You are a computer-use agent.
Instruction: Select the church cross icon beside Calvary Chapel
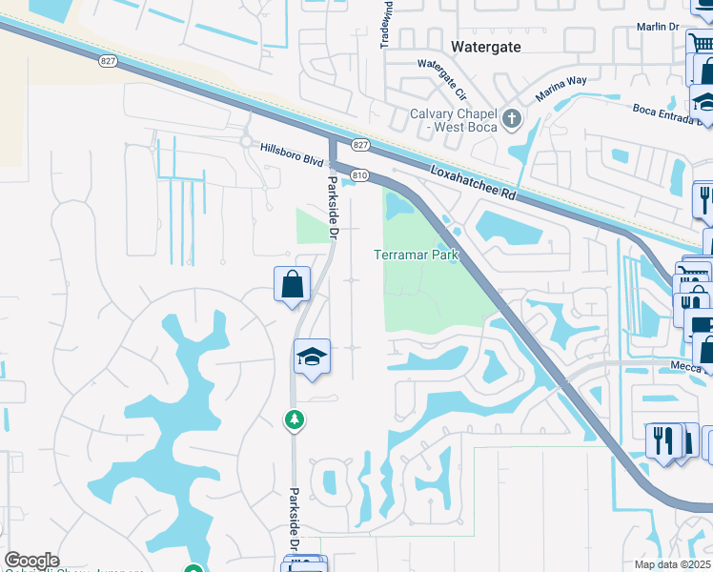click(513, 119)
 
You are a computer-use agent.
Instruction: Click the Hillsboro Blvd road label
click(292, 149)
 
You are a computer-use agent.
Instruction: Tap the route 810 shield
click(358, 175)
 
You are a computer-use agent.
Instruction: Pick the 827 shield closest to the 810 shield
click(358, 144)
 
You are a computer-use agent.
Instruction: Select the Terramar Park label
click(416, 255)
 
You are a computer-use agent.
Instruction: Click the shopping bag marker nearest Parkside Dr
click(291, 284)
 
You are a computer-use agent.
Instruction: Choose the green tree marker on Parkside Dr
click(295, 419)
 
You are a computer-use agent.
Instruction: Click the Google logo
click(31, 561)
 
